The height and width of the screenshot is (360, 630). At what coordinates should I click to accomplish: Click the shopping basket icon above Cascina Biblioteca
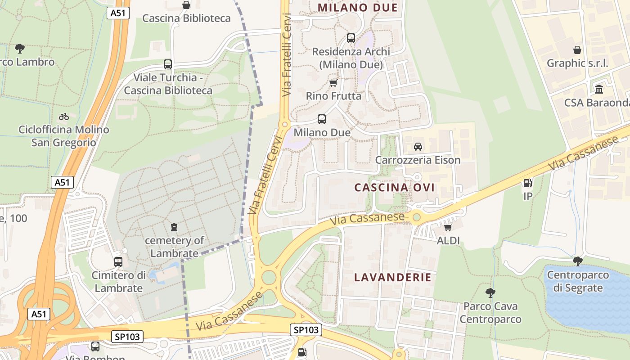pos(186,5)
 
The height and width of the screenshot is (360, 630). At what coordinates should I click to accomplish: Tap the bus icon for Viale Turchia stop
pos(168,64)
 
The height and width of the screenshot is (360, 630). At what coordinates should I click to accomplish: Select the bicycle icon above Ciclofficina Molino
pos(64,117)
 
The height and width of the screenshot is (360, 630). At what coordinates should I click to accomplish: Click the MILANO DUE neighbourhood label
pos(358,7)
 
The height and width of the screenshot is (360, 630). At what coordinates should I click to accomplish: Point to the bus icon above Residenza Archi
pos(351,38)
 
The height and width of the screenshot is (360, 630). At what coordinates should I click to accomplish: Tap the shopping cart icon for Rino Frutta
pos(333,83)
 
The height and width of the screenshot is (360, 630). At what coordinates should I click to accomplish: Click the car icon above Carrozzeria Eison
pos(418,147)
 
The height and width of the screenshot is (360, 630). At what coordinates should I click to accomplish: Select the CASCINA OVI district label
pos(395,187)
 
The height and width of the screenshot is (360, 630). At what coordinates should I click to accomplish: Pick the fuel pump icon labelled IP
pos(528,183)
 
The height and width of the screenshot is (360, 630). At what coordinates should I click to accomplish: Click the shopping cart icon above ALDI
pos(448,227)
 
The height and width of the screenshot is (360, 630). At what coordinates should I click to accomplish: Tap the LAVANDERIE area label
pos(393,277)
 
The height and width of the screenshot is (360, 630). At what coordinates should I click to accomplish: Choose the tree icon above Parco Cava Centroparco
pos(490,293)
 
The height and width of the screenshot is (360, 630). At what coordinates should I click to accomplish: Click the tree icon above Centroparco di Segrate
pos(578,261)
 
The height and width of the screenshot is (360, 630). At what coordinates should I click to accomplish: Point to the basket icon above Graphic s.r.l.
pos(577,50)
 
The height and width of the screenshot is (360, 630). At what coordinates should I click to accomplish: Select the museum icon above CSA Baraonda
pos(599,89)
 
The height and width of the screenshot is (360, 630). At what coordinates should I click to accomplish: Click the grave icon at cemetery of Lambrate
pos(175,227)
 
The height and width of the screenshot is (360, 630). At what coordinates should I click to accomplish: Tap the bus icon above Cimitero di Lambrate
pos(118,261)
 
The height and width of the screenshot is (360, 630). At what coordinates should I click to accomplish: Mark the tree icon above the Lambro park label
pos(20,48)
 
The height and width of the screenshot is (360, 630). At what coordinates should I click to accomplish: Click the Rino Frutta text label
pos(333,96)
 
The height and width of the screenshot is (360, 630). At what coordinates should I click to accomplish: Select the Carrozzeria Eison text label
pos(418,160)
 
